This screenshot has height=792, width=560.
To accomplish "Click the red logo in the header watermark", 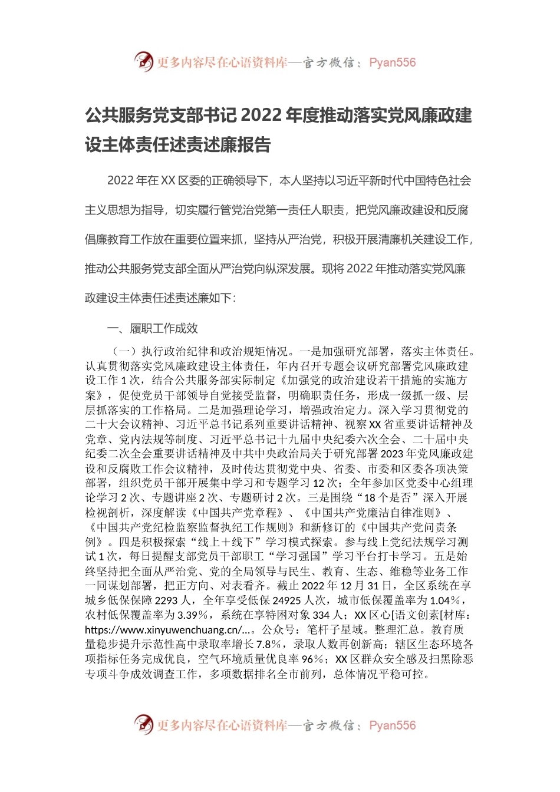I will [x=144, y=61].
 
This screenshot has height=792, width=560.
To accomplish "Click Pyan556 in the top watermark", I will [x=392, y=62].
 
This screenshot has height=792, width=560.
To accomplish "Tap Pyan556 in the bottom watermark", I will [x=392, y=725].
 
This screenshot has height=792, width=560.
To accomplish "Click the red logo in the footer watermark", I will [x=144, y=724].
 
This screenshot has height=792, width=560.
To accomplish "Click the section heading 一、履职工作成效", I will [x=152, y=328].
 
